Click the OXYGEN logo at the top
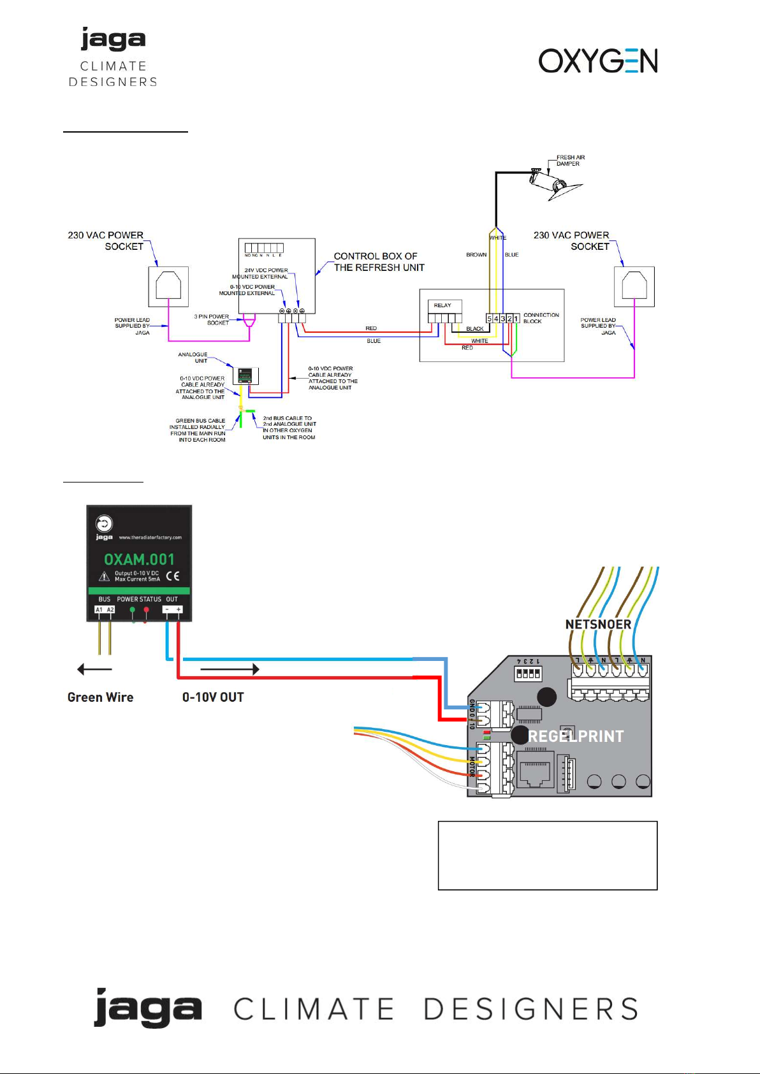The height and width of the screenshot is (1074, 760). [x=597, y=61]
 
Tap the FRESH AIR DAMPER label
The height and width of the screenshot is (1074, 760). [x=570, y=160]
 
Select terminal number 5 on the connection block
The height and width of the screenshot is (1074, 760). [x=490, y=319]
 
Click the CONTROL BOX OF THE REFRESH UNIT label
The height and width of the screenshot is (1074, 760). [x=379, y=262]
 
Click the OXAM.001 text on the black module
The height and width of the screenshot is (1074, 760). [x=139, y=559]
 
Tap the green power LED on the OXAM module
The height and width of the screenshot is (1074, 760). [x=133, y=610]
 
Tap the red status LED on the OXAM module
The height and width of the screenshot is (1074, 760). [x=147, y=610]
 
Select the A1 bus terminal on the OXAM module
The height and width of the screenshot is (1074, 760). [x=99, y=610]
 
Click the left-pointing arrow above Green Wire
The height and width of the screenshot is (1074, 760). [x=94, y=669]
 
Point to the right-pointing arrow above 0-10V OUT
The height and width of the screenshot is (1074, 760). [x=230, y=669]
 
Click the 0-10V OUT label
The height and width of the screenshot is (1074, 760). [x=213, y=697]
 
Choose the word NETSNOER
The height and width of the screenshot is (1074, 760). [x=598, y=625]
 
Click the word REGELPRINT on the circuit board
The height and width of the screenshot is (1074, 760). [x=576, y=737]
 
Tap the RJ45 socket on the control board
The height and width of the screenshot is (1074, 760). [x=536, y=772]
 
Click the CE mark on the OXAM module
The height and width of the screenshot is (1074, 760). [x=173, y=576]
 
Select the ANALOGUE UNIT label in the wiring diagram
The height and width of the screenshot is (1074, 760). [x=193, y=358]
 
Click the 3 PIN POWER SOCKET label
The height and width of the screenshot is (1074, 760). [x=212, y=319]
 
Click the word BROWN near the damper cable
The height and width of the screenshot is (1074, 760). [x=476, y=255]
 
